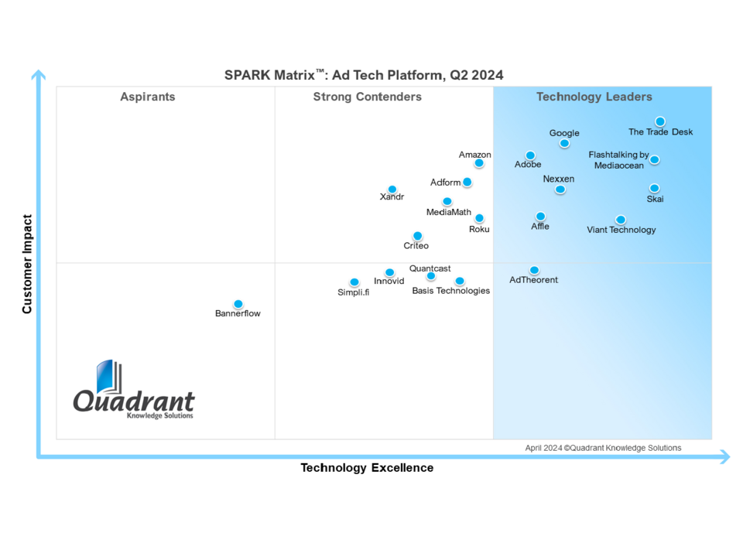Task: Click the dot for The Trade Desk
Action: [659, 121]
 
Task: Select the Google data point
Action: [564, 143]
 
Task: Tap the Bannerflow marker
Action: [238, 304]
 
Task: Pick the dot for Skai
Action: [654, 188]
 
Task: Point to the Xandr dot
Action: [392, 189]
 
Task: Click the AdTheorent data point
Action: [534, 270]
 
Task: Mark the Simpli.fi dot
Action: [354, 282]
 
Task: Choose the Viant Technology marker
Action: [620, 220]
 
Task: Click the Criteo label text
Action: [416, 246]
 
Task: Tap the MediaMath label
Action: [449, 212]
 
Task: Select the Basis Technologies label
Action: [450, 291]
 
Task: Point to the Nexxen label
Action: [559, 179]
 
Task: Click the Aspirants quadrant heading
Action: [148, 97]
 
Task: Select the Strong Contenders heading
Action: [367, 97]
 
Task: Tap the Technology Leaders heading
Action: [594, 97]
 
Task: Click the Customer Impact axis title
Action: [28, 264]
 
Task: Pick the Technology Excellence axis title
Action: [367, 468]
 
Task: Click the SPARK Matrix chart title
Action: [364, 75]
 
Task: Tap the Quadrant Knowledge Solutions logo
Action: [134, 391]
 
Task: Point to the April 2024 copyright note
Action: [603, 448]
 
